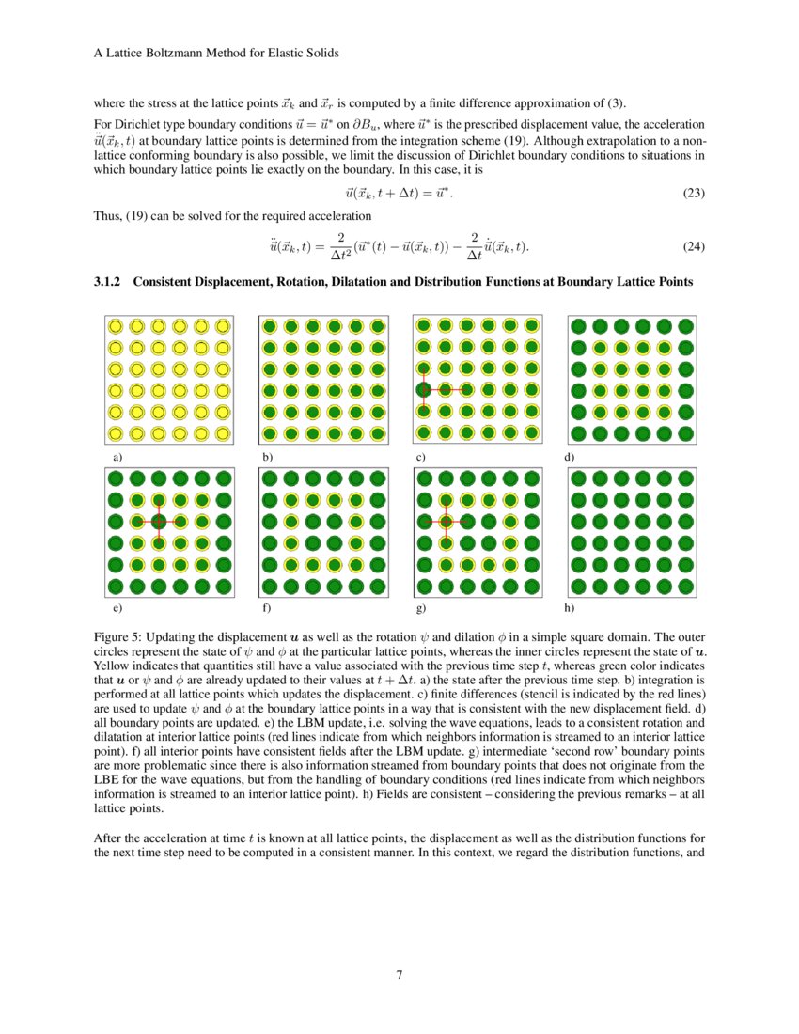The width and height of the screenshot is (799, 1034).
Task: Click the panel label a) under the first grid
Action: pyautogui.click(x=117, y=457)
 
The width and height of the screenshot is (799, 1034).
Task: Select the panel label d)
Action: pyautogui.click(x=569, y=457)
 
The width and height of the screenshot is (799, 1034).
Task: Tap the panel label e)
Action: pyautogui.click(x=117, y=609)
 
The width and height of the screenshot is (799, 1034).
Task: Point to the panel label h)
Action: pyautogui.click(x=569, y=609)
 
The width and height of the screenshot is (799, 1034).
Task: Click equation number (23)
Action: pyautogui.click(x=693, y=193)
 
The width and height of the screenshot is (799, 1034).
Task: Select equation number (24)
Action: pyautogui.click(x=693, y=247)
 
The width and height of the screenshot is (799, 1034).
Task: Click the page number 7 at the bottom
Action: pyautogui.click(x=399, y=974)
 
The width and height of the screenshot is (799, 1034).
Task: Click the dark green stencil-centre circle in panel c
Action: pyautogui.click(x=424, y=389)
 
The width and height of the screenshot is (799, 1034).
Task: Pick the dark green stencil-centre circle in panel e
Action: pyautogui.click(x=159, y=521)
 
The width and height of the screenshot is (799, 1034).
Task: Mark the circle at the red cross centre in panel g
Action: pyautogui.click(x=446, y=521)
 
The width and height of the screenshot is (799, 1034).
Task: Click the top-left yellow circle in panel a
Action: pyautogui.click(x=116, y=327)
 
